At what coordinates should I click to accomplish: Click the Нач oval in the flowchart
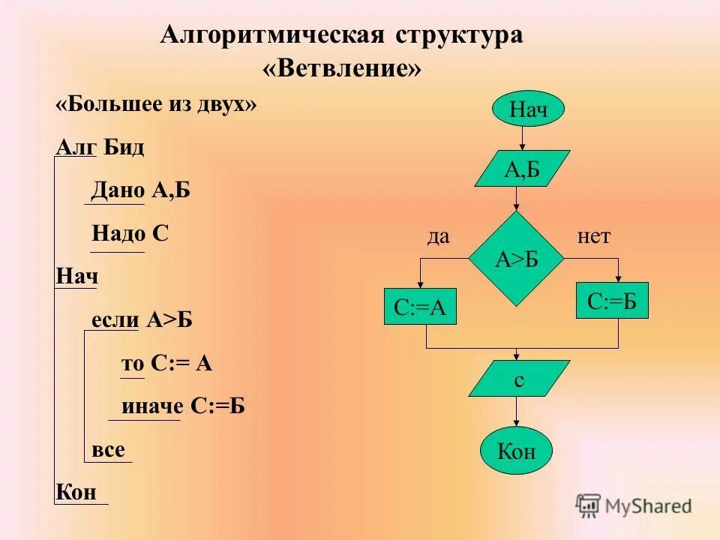(x=528, y=110)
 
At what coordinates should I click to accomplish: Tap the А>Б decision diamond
(x=517, y=259)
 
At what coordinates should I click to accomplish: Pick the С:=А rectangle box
(x=420, y=307)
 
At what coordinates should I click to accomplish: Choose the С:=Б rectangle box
(x=612, y=301)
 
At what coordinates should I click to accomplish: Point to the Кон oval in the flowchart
(x=516, y=452)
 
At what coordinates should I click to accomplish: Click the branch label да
(x=438, y=237)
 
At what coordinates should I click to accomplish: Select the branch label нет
(x=594, y=237)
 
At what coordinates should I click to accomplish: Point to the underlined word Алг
(x=76, y=147)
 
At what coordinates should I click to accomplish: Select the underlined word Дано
(x=118, y=190)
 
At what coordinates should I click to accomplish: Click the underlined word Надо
(x=118, y=234)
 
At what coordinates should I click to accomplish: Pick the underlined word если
(x=115, y=320)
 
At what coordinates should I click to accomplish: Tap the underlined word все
(x=108, y=449)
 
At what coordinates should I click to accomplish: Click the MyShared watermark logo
(x=634, y=505)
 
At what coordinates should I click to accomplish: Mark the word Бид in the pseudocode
(x=124, y=147)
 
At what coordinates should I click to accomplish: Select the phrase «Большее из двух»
(x=156, y=103)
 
